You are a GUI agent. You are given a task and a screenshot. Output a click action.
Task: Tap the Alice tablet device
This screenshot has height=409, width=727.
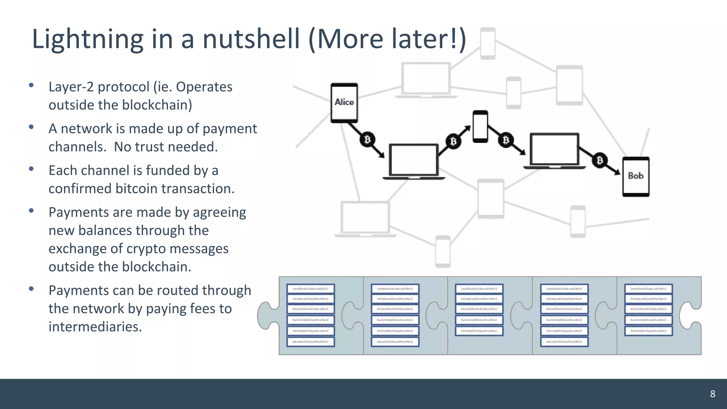344,103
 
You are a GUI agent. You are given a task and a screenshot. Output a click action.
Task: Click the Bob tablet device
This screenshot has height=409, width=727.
635,176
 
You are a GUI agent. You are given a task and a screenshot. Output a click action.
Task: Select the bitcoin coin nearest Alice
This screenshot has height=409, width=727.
367,140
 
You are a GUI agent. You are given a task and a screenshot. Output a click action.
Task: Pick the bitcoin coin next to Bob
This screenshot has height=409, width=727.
600,160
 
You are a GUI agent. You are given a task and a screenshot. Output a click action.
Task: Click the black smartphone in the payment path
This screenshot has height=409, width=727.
480,126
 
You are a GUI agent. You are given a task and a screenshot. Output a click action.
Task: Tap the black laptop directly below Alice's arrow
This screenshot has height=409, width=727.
414,162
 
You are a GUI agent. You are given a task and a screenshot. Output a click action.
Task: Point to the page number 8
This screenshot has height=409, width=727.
712,394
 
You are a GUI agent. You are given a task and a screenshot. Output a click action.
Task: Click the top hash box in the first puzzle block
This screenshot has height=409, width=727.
310,289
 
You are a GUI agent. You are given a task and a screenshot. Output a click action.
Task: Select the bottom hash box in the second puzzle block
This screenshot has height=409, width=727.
395,342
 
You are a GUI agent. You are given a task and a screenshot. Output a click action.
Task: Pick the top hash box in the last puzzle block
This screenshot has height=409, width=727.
648,289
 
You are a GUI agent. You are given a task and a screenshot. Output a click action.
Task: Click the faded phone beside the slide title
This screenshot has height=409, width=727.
488,43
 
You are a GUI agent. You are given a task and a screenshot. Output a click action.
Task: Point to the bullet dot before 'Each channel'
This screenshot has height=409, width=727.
31,169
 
